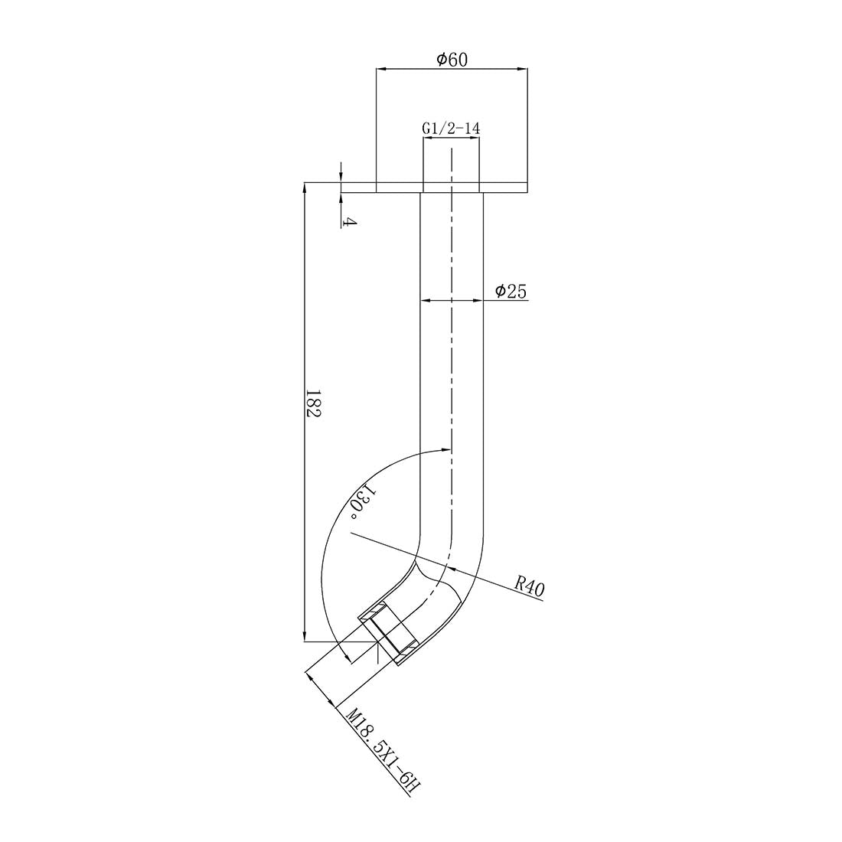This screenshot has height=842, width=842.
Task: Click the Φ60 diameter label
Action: point(452,60)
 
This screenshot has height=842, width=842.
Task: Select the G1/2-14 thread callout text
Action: point(451,129)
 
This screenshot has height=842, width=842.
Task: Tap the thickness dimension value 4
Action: point(348,222)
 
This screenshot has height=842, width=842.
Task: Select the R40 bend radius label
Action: point(529,587)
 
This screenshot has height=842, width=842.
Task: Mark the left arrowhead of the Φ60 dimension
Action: point(380,69)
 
